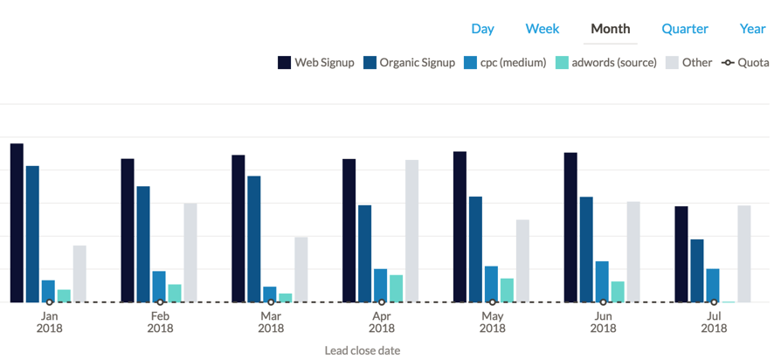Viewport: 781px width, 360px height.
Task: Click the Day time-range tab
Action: [482, 29]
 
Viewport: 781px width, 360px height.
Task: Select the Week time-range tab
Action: [542, 29]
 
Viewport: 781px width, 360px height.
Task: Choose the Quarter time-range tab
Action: [684, 29]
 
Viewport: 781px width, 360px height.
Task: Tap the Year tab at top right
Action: [752, 29]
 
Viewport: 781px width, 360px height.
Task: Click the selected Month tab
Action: [610, 29]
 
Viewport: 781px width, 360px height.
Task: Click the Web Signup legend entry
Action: [315, 63]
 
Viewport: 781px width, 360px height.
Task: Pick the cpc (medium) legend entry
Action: [505, 63]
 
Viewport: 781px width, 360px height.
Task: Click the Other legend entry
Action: [688, 63]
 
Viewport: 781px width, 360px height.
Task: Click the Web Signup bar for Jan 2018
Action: [17, 223]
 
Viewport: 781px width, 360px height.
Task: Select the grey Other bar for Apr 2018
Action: [411, 231]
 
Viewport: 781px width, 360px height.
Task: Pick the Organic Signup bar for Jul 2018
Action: [697, 271]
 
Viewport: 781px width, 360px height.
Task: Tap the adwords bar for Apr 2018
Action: [396, 288]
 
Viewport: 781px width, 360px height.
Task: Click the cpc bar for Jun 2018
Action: [602, 281]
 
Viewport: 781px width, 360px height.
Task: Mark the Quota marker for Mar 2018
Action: [271, 302]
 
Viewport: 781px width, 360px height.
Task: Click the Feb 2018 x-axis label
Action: [160, 322]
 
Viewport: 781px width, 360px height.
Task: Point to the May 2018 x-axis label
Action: [493, 322]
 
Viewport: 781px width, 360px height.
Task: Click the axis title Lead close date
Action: [362, 350]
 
